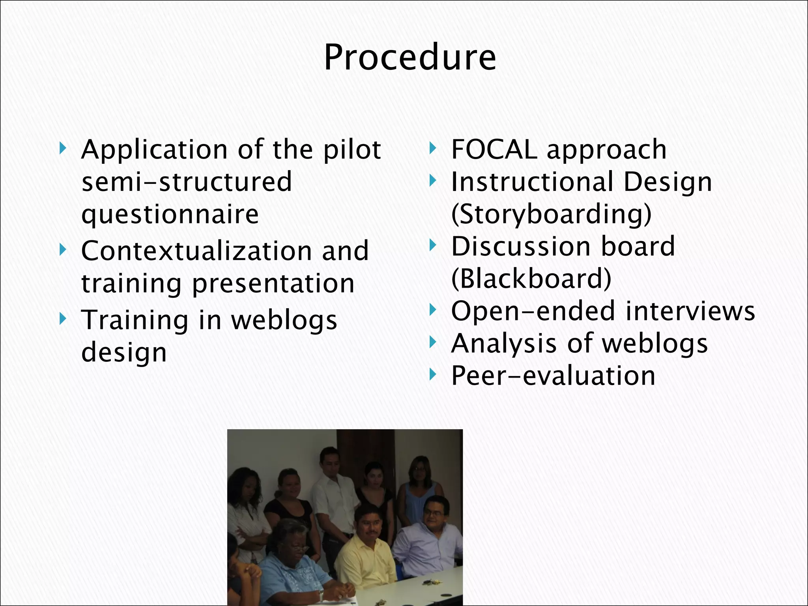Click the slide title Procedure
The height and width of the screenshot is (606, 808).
pos(410,58)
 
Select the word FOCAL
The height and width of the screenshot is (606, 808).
pos(494,150)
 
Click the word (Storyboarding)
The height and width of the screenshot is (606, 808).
pos(551,214)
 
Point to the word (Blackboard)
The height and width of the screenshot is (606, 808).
pos(531,279)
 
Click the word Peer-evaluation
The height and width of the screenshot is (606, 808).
pos(553,376)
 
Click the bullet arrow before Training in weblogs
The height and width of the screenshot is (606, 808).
pos(62,319)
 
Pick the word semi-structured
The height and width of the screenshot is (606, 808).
pos(186,182)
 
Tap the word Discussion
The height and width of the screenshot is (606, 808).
pos(520,247)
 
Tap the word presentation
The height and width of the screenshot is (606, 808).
pos(273,284)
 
